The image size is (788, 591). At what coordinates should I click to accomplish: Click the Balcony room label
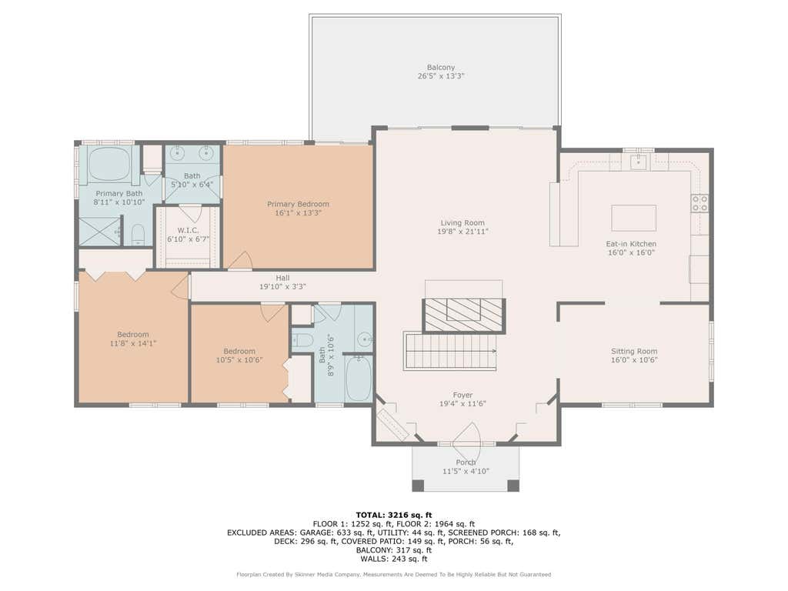[x=441, y=68]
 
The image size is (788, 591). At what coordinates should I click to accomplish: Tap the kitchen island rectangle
[x=633, y=218]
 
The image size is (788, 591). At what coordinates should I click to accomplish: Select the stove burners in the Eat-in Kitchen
[x=700, y=203]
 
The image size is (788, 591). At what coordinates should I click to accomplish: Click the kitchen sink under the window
[x=638, y=162]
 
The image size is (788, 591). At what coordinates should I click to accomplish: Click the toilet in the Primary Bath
[x=139, y=235]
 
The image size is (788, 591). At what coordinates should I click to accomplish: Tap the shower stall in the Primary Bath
[x=100, y=231]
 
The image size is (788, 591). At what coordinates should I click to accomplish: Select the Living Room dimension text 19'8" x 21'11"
[x=462, y=232]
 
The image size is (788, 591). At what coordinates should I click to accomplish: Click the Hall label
[x=282, y=278]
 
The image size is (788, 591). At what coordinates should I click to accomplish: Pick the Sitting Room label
[x=634, y=351]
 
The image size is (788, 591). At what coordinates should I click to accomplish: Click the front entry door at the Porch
[x=466, y=436]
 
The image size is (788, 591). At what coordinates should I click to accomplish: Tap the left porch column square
[x=418, y=486]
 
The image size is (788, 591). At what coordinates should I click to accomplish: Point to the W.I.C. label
[x=188, y=230]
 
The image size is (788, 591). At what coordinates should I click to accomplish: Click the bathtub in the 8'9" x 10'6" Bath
[x=359, y=377]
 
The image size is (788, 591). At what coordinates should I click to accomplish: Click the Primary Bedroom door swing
[x=240, y=260]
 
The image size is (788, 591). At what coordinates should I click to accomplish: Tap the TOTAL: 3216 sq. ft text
[x=394, y=515]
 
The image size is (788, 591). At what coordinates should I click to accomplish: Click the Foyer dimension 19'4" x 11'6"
[x=462, y=403]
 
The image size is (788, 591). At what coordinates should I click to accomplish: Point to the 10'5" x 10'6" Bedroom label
[x=239, y=351]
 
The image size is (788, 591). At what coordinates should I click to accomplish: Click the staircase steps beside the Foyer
[x=450, y=351]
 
